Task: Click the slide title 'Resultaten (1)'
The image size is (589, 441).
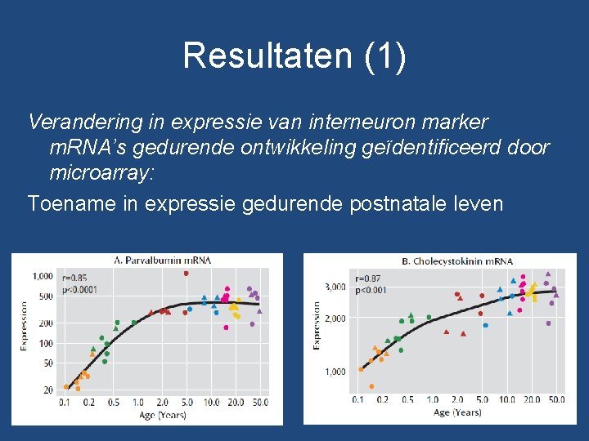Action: point(294,56)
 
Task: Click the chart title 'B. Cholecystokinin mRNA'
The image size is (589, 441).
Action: point(457,261)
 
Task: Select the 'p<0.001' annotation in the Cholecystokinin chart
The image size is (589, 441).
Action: point(371,290)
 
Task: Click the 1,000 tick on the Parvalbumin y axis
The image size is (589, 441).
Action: point(43,277)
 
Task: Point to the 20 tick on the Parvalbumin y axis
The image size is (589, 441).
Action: point(48,390)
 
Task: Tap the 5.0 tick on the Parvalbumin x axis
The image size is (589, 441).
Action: point(187,403)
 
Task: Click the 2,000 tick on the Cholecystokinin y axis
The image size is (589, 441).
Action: point(335,318)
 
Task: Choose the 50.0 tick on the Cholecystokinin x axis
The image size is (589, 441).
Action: point(556,400)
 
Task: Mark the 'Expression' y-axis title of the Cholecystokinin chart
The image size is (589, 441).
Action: point(317,326)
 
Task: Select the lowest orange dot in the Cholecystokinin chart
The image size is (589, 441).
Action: point(371,386)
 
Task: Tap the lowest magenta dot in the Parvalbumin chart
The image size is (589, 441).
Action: point(227,327)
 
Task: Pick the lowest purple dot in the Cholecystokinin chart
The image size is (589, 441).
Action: point(551,303)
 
